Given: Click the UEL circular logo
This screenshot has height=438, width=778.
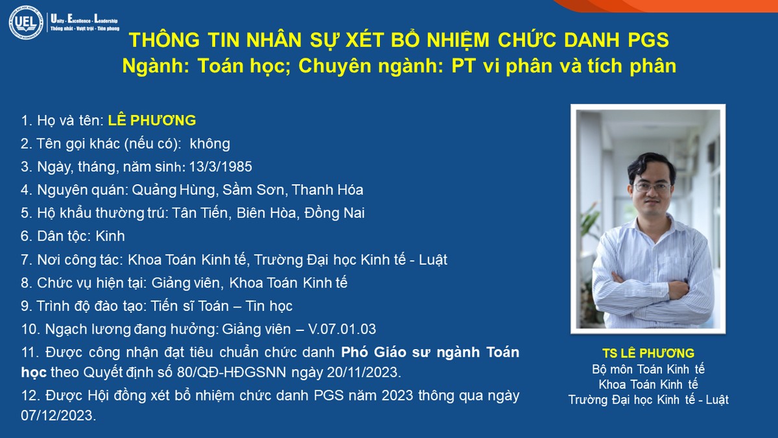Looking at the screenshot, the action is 26,22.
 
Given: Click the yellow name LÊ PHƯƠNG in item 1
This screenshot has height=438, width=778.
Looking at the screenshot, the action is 152,120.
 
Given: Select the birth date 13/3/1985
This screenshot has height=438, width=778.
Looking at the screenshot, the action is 220,167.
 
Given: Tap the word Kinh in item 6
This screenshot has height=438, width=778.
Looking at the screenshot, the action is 110,236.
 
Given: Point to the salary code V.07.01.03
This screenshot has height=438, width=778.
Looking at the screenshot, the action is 342,329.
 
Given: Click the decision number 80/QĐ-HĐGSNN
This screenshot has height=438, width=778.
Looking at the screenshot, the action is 231,372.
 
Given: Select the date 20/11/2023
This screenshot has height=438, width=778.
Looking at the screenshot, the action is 364,372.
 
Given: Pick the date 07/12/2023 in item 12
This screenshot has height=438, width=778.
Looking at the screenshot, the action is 58,415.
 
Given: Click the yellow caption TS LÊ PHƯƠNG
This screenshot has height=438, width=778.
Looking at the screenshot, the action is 648,353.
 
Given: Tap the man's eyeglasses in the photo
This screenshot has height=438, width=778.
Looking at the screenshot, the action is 652,188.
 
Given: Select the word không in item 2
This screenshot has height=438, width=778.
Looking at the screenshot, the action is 210,143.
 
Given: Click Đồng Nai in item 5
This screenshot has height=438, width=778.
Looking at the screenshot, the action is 334,213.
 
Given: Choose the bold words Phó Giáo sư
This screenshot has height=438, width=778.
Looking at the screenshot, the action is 386,352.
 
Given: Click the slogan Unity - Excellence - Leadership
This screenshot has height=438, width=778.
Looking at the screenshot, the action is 84,19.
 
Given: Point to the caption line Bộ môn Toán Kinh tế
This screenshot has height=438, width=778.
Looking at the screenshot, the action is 648,369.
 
